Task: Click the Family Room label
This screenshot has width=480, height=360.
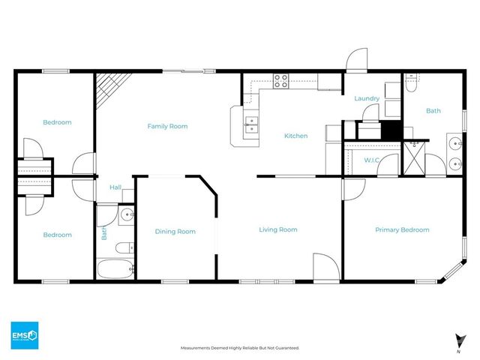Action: coord(166,126)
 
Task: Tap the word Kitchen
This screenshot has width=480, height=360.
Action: coord(295,136)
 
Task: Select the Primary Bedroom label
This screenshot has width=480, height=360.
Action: coord(402,229)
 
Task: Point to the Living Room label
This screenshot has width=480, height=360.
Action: coord(278,229)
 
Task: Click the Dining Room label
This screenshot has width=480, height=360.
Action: coord(175,231)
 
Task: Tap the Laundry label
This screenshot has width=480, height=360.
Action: coord(367,98)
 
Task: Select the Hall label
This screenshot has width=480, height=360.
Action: coord(115,187)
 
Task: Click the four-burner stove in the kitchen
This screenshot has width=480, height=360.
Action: coord(281,80)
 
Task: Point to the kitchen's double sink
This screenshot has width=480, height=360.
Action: coord(251,124)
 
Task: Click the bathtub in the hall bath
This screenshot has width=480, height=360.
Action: coord(115,269)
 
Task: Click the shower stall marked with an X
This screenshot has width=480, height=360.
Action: coord(413,157)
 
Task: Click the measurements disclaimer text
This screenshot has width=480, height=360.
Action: coord(240,348)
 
